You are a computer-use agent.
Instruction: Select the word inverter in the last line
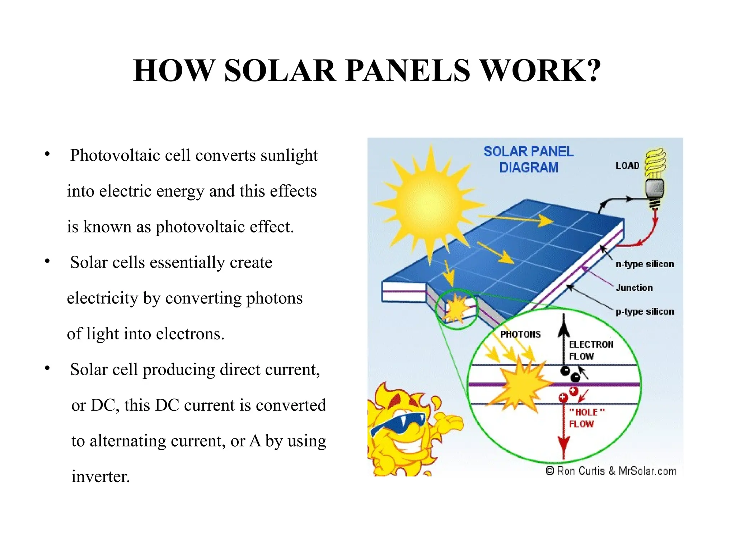tap(100, 477)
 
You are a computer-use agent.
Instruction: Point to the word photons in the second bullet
tap(275, 298)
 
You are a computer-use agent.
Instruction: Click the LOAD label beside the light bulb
tap(627, 166)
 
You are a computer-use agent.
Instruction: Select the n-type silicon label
tap(645, 264)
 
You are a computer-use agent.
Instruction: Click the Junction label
tap(634, 288)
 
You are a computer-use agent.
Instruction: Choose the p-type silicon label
tap(645, 311)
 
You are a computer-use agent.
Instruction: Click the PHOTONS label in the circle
tap(520, 334)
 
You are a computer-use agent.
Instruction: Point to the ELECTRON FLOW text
tap(590, 350)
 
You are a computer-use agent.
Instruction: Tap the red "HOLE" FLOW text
tap(586, 418)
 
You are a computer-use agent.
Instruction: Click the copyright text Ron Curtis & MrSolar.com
tap(611, 471)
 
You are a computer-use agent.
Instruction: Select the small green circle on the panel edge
tap(457, 309)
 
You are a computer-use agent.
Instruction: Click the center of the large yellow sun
tap(429, 204)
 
